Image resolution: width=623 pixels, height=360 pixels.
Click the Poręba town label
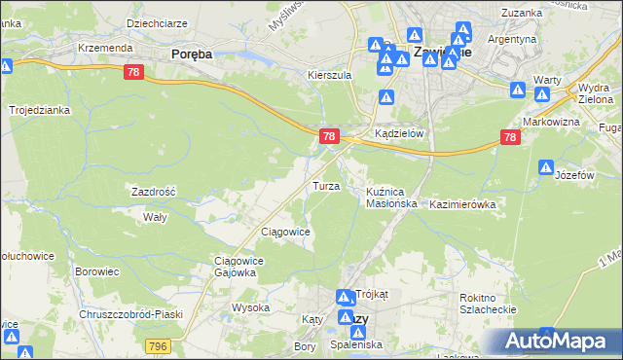[191, 54]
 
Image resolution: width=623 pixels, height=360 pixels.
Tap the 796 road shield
[158, 345]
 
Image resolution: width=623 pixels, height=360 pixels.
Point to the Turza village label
[325, 186]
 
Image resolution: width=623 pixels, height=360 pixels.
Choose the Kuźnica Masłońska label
[391, 198]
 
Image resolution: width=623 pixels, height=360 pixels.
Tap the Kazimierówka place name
[463, 205]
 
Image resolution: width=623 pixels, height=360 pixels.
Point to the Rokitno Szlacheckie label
[488, 304]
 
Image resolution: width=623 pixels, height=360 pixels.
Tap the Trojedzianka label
[40, 110]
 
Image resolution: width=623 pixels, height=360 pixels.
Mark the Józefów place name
[573, 175]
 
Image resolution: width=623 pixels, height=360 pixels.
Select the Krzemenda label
[105, 48]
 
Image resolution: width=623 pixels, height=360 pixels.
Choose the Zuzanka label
[521, 13]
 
